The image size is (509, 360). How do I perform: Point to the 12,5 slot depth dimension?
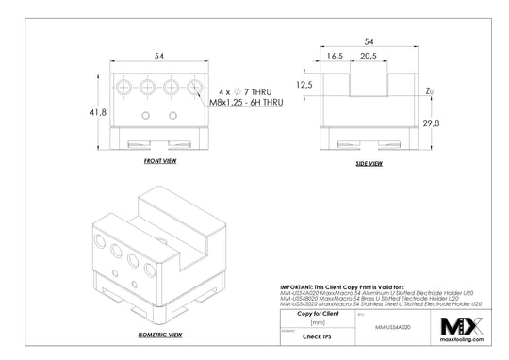click(x=304, y=85)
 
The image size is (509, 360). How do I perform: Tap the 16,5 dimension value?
click(x=335, y=57)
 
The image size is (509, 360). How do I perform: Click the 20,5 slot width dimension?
click(x=369, y=57)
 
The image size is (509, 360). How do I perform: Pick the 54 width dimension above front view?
click(x=160, y=57)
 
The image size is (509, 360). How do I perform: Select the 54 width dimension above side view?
click(x=369, y=42)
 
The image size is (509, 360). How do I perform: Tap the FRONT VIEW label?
click(x=160, y=161)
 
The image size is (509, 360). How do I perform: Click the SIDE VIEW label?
click(x=369, y=163)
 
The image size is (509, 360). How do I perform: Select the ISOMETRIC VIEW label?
click(x=159, y=334)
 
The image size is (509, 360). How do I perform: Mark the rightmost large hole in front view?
click(x=194, y=88)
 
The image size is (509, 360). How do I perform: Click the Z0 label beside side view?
click(x=430, y=91)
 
